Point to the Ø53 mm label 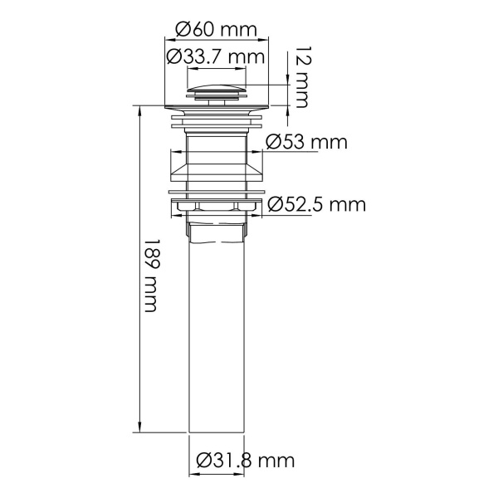[x=305, y=142]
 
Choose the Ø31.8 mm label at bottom [x=246, y=459]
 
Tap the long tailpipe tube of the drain [x=217, y=332]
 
